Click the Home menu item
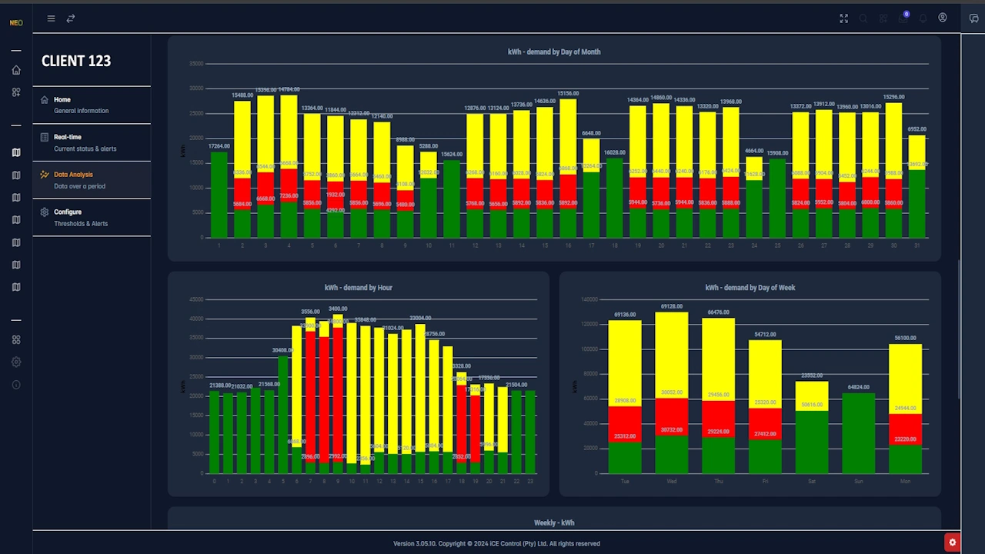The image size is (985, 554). (62, 100)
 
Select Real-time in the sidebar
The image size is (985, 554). (68, 137)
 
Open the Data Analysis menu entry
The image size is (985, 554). (73, 175)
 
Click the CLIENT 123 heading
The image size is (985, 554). (76, 62)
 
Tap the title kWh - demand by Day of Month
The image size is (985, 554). (554, 52)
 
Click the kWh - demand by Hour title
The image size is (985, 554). (358, 288)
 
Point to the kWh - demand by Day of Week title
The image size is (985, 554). (750, 288)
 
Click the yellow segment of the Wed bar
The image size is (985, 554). (671, 354)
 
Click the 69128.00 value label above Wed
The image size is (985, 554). (671, 306)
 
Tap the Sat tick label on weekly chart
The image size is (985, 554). (811, 482)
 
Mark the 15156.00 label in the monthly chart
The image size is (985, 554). (568, 94)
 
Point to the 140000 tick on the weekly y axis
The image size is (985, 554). (588, 299)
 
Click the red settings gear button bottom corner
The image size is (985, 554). (952, 542)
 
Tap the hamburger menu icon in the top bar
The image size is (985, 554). (51, 18)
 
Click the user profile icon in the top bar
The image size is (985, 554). (942, 18)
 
